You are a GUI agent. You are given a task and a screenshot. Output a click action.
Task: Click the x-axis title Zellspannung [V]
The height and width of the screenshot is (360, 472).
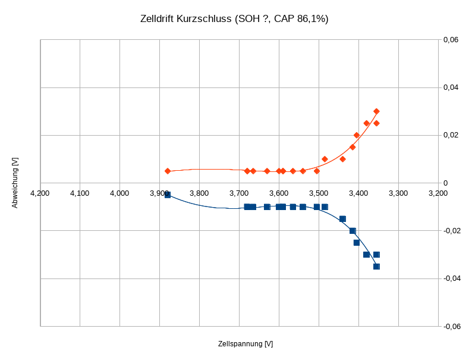246,344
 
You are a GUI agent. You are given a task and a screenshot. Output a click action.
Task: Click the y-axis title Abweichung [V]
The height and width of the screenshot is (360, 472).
15,183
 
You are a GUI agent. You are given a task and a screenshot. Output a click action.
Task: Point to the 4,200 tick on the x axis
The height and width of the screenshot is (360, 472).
40,193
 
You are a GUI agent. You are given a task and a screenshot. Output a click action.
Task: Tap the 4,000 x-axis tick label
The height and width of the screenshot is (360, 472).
119,193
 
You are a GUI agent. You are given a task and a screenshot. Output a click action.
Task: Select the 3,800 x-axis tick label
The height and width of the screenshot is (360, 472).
199,193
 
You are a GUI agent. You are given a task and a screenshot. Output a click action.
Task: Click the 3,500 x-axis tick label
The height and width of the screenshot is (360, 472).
319,193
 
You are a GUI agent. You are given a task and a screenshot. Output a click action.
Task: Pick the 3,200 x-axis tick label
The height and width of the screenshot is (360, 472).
438,193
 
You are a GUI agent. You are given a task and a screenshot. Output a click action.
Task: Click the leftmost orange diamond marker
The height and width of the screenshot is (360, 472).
168,171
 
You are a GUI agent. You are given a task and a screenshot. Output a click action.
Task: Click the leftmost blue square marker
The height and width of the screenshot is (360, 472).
168,195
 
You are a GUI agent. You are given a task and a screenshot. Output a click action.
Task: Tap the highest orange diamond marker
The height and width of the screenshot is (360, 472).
376,111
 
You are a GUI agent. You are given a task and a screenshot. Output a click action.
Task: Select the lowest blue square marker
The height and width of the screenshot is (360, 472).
376,267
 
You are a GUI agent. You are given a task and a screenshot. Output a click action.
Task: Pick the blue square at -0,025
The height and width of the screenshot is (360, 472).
357,243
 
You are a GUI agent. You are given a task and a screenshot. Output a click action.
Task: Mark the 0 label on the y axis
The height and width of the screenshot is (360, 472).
446,183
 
